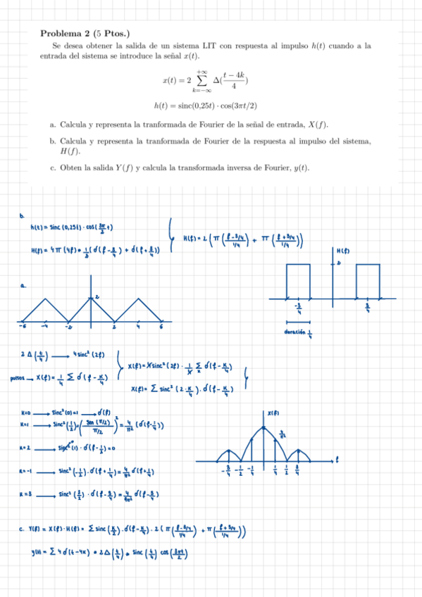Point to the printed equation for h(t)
(x=205, y=106)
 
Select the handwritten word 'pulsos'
(x=19, y=378)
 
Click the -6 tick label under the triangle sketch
(x=23, y=327)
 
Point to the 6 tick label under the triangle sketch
(x=161, y=327)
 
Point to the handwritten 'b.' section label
(x=23, y=215)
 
